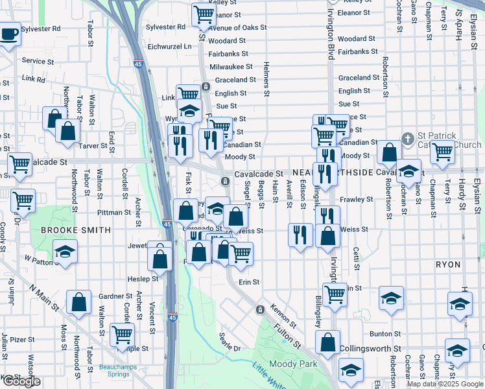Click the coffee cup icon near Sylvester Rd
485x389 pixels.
9,33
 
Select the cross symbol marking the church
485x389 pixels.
407,138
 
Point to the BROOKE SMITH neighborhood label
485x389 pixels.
76,230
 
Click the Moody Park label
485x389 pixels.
293,364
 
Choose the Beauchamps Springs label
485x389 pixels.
117,371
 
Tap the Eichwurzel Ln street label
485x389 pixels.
170,47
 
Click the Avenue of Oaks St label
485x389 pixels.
233,27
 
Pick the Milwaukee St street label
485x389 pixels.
231,67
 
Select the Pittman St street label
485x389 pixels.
114,212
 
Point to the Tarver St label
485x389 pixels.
93,146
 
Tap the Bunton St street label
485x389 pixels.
381,333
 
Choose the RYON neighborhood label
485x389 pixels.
448,265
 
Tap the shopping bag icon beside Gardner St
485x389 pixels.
78,301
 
